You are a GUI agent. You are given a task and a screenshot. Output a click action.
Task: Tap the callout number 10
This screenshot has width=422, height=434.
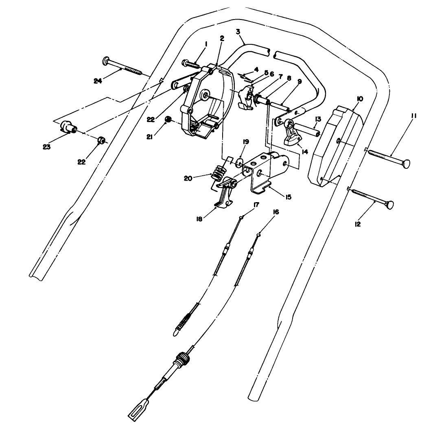coord(360,99)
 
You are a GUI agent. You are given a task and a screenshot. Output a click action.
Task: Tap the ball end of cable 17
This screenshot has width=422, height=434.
coord(242,218)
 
